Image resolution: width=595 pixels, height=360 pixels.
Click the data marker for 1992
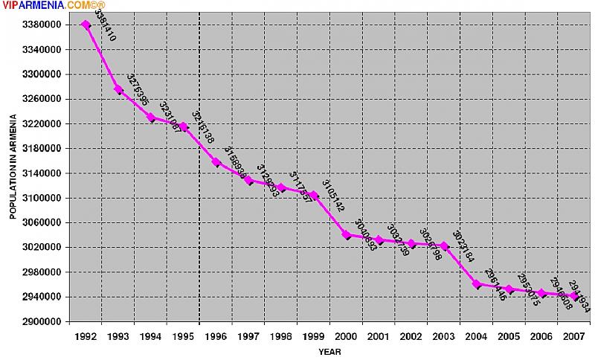point(86,25)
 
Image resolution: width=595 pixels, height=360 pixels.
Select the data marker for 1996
point(216,161)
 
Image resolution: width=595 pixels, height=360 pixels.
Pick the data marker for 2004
point(477,283)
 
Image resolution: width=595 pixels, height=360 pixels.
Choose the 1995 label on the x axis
point(184,337)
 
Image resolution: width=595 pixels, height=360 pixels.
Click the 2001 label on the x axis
point(379,337)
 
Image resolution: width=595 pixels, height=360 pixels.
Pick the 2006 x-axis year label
point(541,337)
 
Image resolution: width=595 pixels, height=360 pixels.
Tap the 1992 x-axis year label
point(86,337)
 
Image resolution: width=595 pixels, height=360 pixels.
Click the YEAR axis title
point(330,351)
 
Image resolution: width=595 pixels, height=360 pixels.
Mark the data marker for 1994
point(151,117)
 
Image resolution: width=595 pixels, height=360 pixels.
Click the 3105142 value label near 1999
point(333,196)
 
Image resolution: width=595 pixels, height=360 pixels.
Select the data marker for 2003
point(444,245)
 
